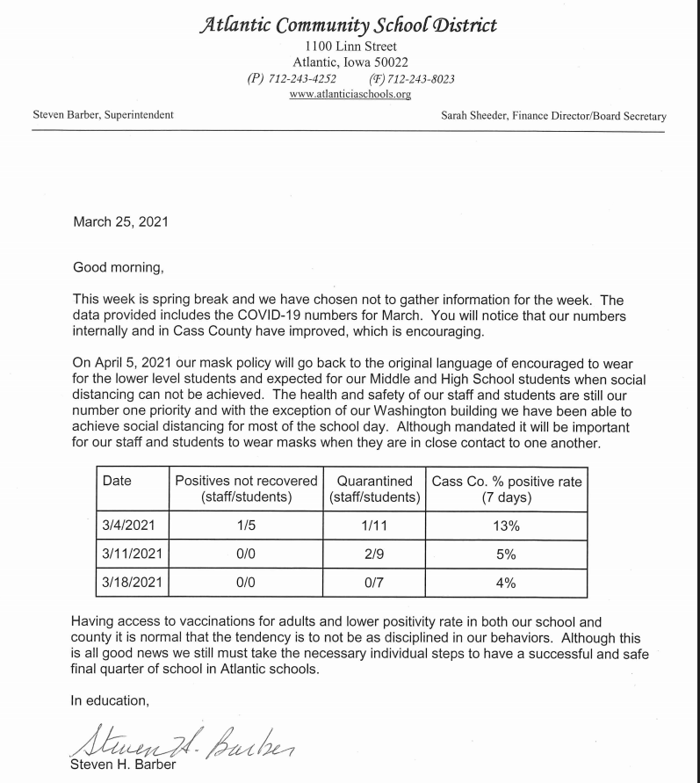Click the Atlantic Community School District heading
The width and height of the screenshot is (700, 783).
(350, 25)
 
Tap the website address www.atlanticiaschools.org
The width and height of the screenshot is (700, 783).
(350, 94)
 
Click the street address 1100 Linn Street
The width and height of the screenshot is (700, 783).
(350, 46)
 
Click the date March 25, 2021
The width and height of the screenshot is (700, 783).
(120, 222)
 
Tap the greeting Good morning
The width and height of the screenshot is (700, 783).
(118, 265)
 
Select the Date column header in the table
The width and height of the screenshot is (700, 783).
(117, 481)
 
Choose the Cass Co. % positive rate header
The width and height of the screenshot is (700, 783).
(507, 489)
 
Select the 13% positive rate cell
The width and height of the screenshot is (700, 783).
(507, 526)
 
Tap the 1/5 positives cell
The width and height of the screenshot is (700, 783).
(246, 526)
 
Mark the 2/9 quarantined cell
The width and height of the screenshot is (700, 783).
(375, 555)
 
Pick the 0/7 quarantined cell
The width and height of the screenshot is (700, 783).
(375, 583)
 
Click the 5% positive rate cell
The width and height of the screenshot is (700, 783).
(507, 555)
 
